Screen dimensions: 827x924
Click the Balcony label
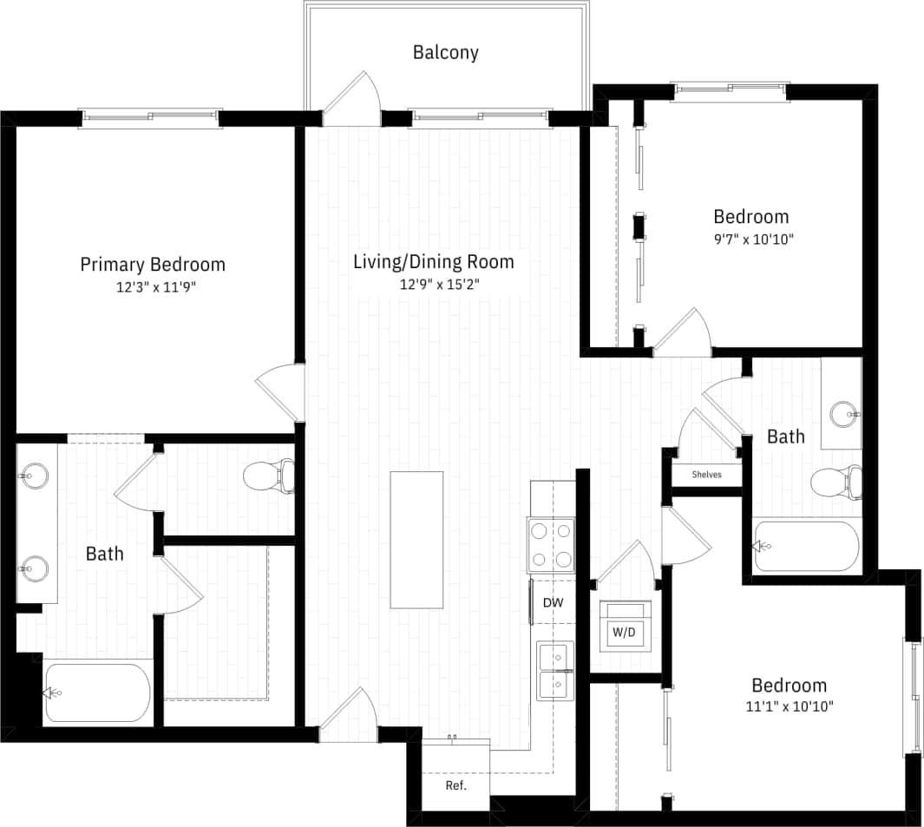coord(445,52)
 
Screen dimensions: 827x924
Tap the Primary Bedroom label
coord(153,264)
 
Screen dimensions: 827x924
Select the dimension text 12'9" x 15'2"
coord(433,284)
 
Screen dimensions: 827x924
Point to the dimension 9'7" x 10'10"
coord(750,239)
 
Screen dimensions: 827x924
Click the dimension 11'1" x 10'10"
coord(789,706)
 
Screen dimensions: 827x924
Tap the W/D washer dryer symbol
coord(624,632)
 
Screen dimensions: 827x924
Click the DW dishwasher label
coord(553,602)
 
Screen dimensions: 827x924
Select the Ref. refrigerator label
coord(456,785)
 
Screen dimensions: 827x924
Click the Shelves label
coord(706,475)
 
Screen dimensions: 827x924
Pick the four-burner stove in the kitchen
coord(551,545)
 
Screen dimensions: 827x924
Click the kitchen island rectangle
coord(416,540)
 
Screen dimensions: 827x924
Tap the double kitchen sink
coord(554,671)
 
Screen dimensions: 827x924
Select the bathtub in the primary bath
coord(97,692)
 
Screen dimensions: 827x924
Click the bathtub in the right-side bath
coord(807,546)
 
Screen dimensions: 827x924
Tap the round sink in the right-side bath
coord(842,414)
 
